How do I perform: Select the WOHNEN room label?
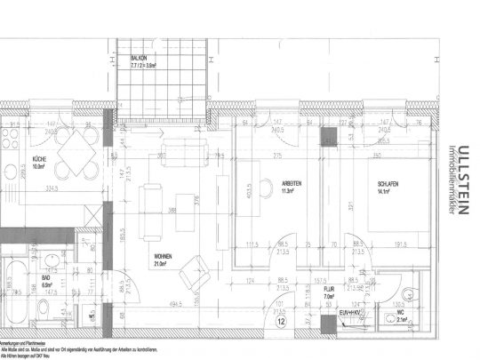(161, 257)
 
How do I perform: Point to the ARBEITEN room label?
(292, 184)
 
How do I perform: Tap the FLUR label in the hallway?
(328, 289)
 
